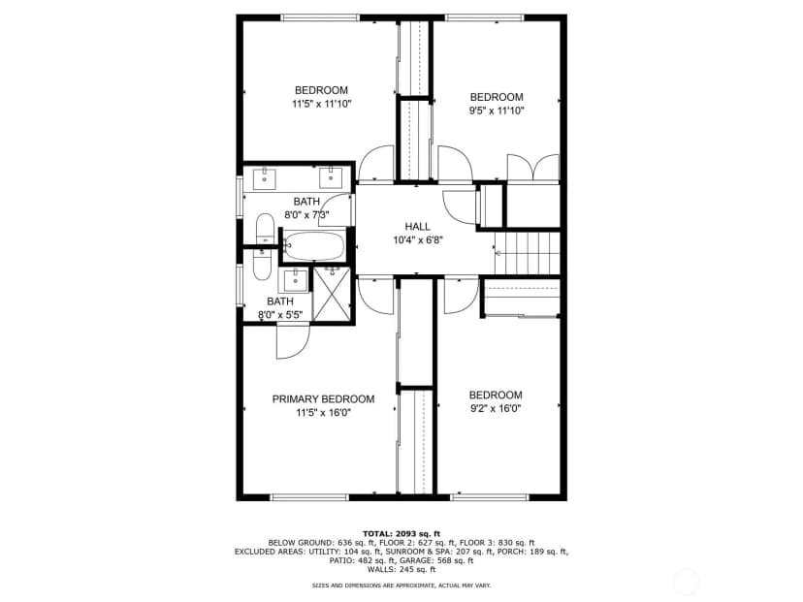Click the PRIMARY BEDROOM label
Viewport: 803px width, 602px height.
tap(323, 399)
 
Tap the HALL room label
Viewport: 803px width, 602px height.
tap(417, 226)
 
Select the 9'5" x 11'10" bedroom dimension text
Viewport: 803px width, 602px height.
tap(497, 111)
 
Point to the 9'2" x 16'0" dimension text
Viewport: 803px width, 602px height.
tap(496, 408)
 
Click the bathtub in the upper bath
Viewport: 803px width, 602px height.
tap(314, 246)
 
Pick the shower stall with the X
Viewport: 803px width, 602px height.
tap(332, 295)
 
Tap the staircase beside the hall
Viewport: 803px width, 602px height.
tap(527, 253)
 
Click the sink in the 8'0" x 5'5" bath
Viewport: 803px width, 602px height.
tap(295, 280)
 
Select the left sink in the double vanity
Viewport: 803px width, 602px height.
tap(264, 178)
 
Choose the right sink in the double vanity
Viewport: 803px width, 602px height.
tap(331, 177)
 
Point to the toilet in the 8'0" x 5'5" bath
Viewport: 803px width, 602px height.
tap(262, 264)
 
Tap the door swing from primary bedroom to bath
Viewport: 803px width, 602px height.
tap(294, 342)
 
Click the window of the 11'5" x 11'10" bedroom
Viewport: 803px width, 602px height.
tap(320, 17)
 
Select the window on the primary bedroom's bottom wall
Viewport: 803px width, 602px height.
tap(309, 497)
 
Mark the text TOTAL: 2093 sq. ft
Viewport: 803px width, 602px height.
tap(401, 533)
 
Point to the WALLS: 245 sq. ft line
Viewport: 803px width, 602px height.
tap(401, 569)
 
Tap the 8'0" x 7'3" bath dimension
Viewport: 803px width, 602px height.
tap(306, 215)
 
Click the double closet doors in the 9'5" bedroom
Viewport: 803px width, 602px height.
tap(533, 168)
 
